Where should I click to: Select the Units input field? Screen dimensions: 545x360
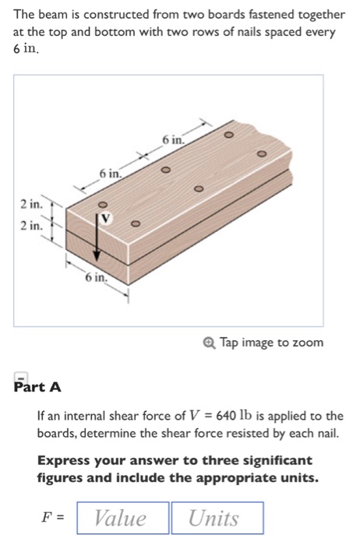click(217, 518)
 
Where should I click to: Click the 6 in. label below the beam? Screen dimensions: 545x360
click(96, 277)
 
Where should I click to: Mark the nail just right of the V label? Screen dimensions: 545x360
click(135, 224)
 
